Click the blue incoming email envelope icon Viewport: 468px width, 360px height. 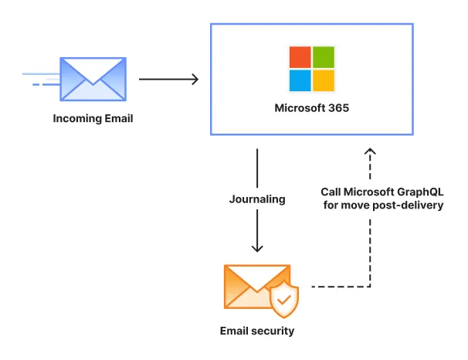click(93, 78)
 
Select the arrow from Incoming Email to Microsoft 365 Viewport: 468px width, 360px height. click(168, 79)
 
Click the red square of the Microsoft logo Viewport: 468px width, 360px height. click(300, 57)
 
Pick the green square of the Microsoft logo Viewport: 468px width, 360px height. click(324, 57)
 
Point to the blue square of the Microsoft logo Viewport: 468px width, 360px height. click(300, 80)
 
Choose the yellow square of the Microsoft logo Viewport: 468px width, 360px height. click(324, 80)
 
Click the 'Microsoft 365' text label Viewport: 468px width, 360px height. click(311, 108)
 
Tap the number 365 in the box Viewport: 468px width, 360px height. click(337, 108)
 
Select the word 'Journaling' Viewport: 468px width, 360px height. click(257, 199)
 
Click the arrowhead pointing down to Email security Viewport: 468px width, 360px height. click(257, 247)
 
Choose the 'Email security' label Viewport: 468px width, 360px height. click(257, 331)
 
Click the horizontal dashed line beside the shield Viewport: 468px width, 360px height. click(340, 287)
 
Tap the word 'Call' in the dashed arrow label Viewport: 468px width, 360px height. click(332, 192)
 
